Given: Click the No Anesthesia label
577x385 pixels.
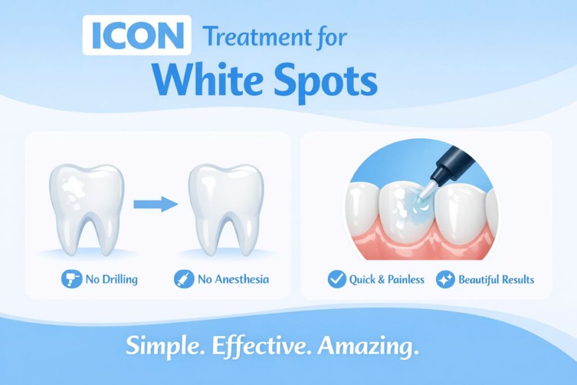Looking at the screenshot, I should tap(232, 278).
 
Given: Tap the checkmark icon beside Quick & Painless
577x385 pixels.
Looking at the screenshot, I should tap(337, 279).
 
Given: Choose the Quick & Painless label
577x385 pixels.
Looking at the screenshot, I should tap(387, 279).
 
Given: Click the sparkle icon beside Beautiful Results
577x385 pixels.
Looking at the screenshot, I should tap(445, 279).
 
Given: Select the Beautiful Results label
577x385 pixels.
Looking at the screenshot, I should tap(496, 279).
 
